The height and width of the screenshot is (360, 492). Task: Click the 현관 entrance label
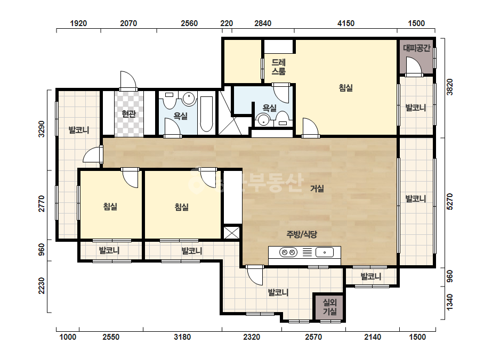click(128, 113)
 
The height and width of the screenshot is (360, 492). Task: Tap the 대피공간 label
click(416, 48)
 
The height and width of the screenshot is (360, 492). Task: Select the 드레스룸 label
click(279, 67)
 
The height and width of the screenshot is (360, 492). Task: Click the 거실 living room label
click(317, 189)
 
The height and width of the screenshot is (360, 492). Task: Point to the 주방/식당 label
click(302, 234)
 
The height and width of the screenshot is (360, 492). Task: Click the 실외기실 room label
click(330, 307)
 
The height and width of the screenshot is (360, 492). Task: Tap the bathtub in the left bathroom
click(206, 114)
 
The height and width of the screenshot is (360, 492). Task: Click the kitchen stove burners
click(288, 252)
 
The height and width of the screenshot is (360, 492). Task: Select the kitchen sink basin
click(325, 252)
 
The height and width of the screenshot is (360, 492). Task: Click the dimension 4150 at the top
click(346, 23)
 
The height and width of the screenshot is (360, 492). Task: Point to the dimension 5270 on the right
click(450, 202)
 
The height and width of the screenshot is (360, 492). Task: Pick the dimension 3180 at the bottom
click(182, 337)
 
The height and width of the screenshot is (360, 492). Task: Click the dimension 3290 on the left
click(42, 129)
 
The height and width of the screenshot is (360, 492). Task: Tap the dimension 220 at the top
click(227, 23)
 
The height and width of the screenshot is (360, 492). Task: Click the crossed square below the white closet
click(231, 233)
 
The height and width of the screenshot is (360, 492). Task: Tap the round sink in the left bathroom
click(189, 98)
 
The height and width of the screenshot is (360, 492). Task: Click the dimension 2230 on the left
click(42, 286)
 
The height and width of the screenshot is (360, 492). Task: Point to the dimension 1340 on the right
click(450, 302)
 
